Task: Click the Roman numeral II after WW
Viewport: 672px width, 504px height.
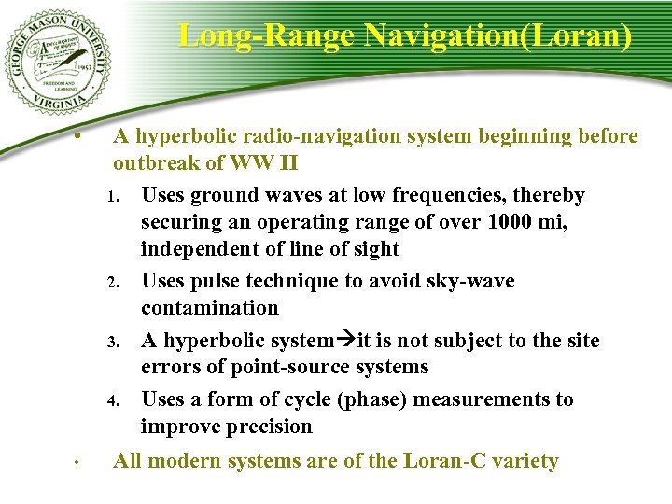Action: click(x=288, y=163)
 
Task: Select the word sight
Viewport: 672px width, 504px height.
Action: click(x=374, y=249)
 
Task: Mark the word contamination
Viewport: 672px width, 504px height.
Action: click(x=210, y=308)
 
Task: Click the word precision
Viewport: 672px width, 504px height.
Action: click(x=266, y=427)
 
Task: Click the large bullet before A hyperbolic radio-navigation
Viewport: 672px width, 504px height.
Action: click(x=82, y=137)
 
